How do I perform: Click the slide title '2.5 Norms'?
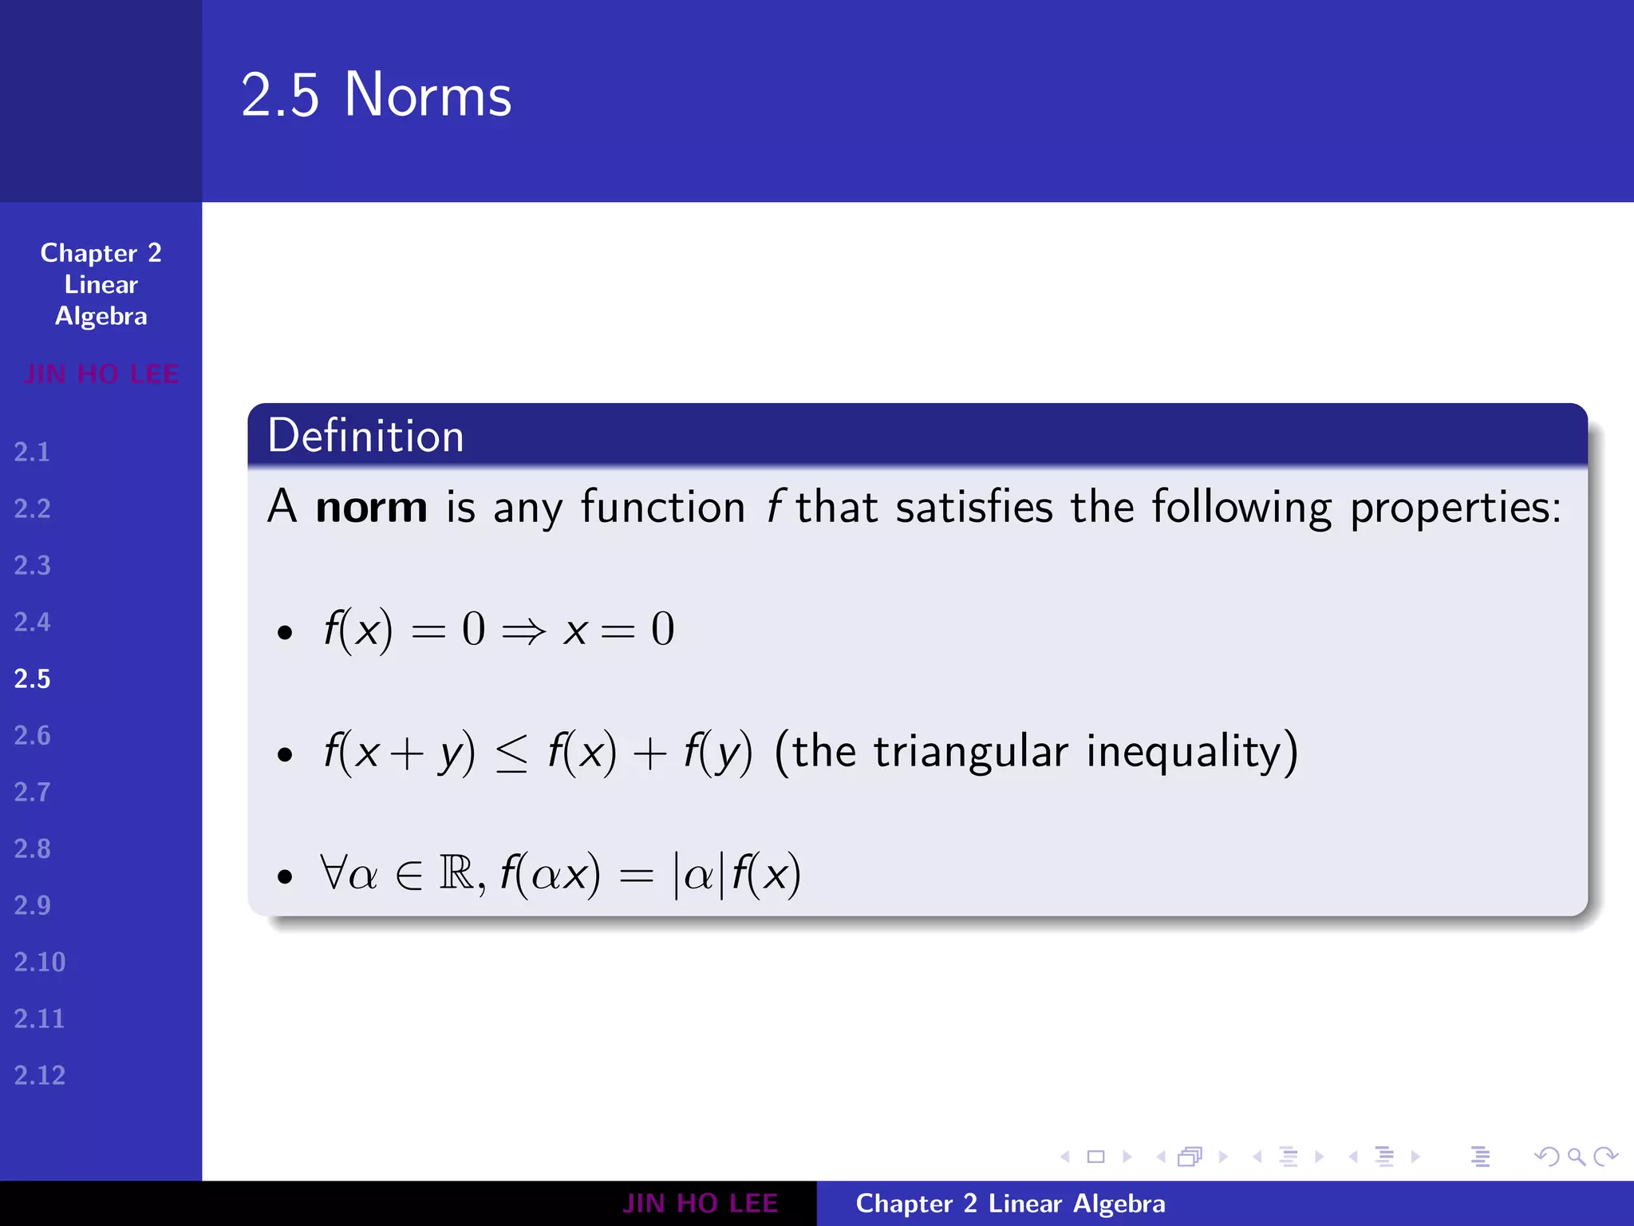[376, 95]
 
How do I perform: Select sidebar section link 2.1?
[32, 453]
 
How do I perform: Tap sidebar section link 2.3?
[32, 566]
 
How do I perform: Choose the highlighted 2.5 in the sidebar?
[32, 679]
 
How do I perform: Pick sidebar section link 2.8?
[32, 849]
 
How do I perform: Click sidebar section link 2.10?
[39, 963]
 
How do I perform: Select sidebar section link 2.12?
[39, 1076]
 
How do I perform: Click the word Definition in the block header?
[365, 436]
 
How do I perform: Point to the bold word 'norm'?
[371, 508]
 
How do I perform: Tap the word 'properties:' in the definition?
[1455, 508]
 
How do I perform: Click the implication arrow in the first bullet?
[523, 631]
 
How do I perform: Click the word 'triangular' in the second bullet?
[970, 752]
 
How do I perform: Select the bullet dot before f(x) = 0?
[285, 634]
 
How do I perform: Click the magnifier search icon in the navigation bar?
[1576, 1157]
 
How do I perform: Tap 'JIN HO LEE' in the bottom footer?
[700, 1204]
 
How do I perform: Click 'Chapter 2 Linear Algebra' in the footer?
[1010, 1204]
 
